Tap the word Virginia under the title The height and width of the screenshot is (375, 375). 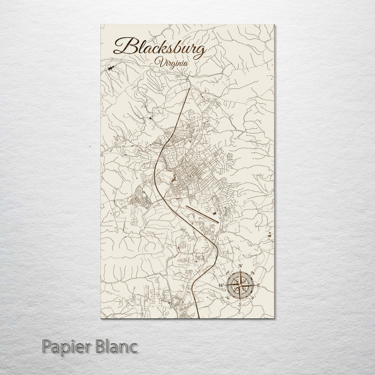click(x=172, y=63)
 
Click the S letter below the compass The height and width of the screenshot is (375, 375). click(x=239, y=304)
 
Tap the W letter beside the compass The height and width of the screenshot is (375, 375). click(x=220, y=285)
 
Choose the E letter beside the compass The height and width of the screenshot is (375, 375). click(x=259, y=285)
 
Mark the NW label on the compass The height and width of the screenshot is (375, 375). click(x=227, y=273)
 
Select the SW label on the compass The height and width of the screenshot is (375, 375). click(x=227, y=298)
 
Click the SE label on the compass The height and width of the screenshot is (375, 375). click(x=252, y=298)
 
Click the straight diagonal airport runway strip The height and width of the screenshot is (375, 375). click(x=202, y=214)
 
